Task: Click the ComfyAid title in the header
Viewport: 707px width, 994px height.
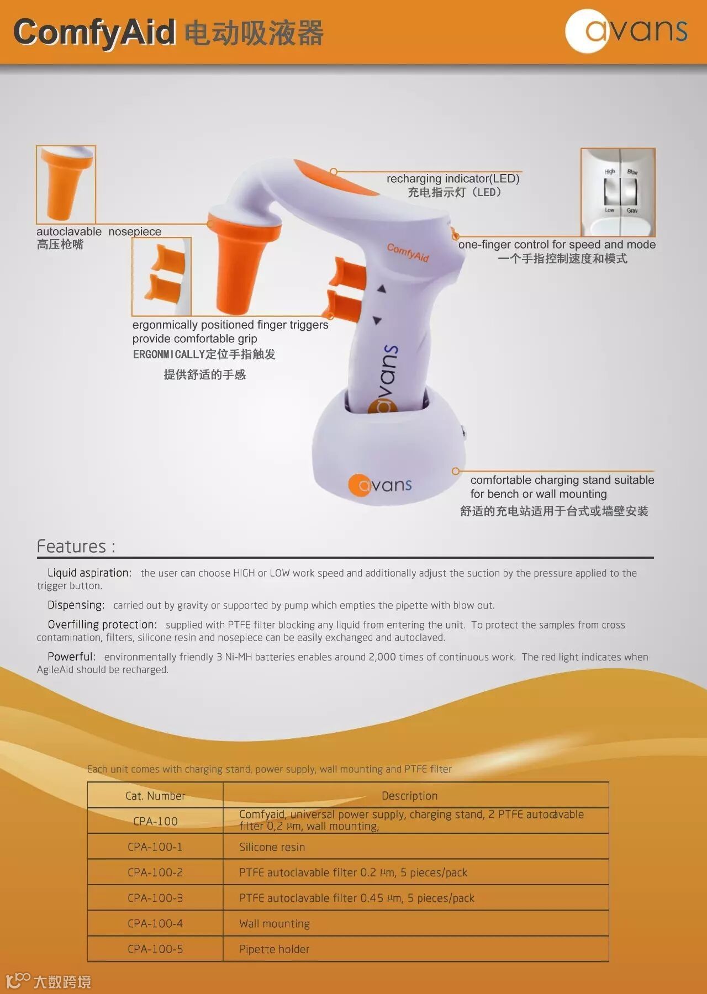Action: click(94, 32)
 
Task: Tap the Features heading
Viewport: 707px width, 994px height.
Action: click(76, 546)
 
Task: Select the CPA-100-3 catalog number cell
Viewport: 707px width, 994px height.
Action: click(155, 898)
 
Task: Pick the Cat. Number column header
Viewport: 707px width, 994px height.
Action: click(155, 796)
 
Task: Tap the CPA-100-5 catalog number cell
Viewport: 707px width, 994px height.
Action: click(155, 949)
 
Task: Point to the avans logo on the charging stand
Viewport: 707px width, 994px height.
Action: click(381, 485)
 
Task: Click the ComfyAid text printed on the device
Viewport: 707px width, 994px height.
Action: click(408, 252)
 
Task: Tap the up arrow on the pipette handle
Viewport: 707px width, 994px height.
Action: click(381, 288)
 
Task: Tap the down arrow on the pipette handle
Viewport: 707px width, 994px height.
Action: click(377, 320)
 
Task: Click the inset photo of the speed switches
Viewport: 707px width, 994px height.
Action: click(618, 192)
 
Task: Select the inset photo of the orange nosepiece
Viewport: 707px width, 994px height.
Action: click(66, 184)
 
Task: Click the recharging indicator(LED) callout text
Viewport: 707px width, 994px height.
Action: click(453, 179)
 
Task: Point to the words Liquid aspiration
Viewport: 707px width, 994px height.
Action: click(89, 573)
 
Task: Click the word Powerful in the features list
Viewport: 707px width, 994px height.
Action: click(71, 657)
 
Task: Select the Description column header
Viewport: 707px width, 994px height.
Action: click(409, 796)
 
